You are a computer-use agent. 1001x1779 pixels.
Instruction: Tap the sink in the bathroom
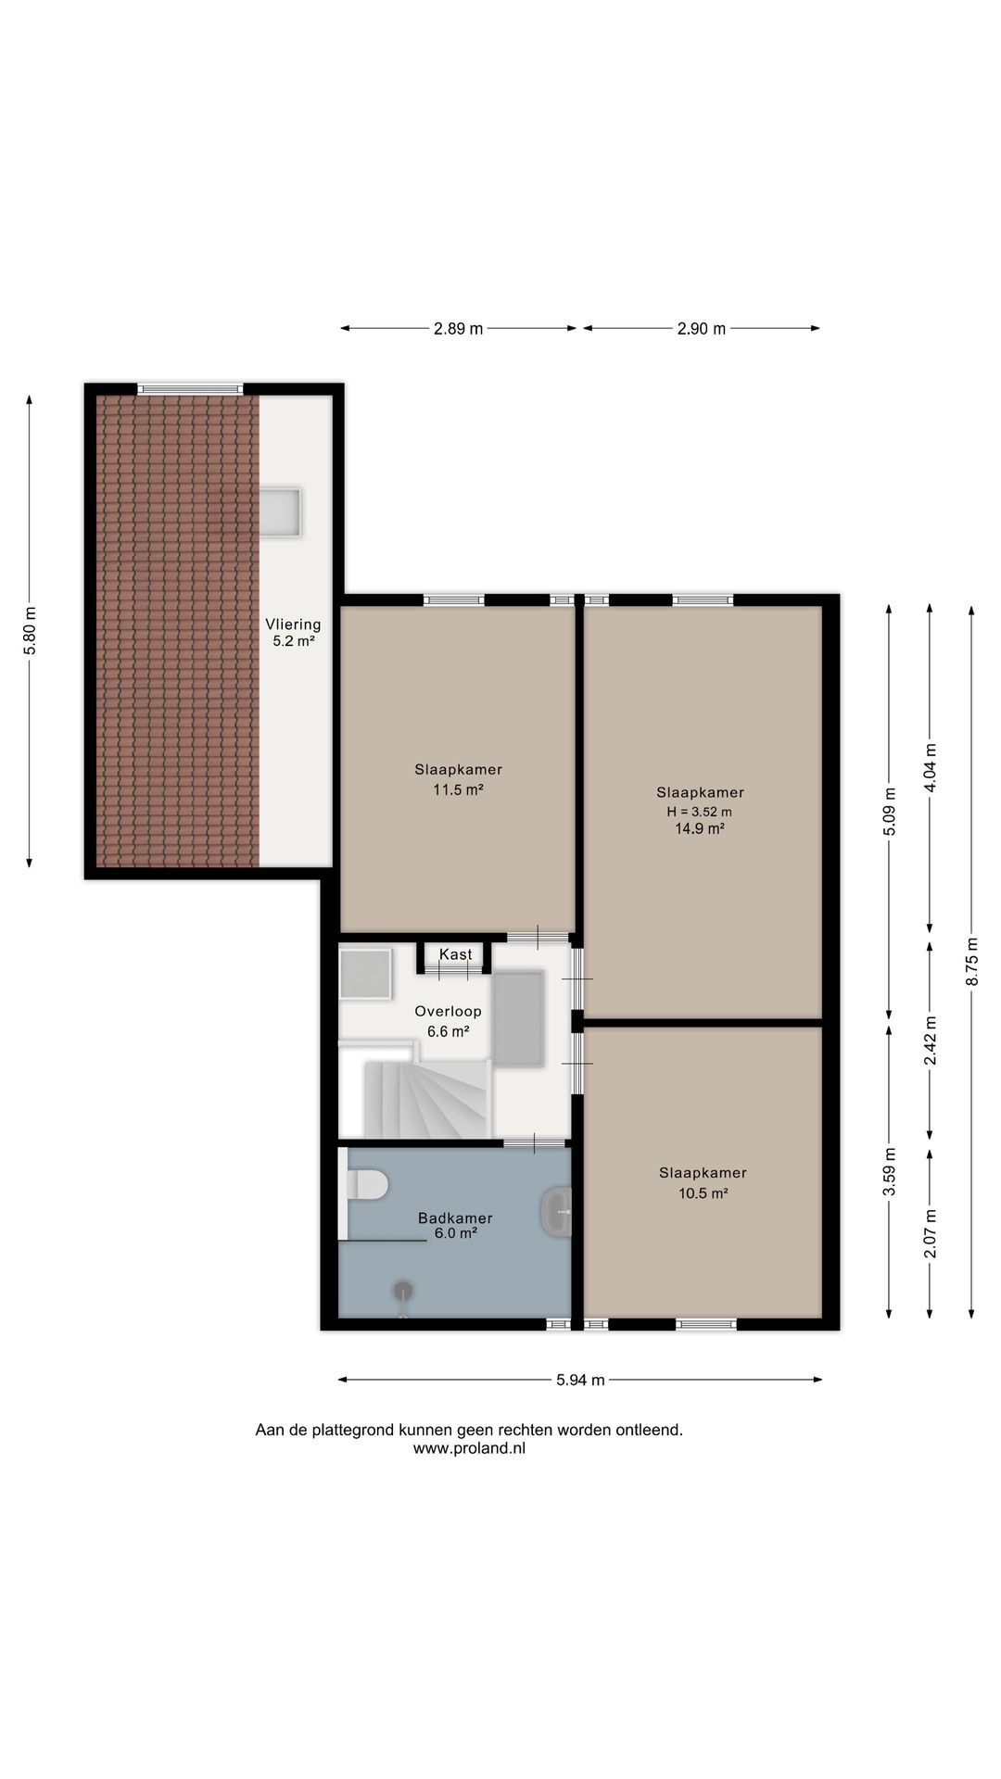556,1211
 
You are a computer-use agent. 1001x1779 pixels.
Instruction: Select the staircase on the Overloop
426,1099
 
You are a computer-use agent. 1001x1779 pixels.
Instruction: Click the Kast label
455,954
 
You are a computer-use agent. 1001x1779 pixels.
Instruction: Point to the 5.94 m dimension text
580,1380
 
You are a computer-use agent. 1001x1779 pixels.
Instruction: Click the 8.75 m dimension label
971,961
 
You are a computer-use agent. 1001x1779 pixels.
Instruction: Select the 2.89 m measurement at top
458,328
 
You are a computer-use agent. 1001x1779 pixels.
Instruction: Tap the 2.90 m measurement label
701,328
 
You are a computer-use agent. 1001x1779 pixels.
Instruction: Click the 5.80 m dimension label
30,630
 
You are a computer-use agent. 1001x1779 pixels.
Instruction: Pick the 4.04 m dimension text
931,768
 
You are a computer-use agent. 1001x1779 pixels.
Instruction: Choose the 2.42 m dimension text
931,1041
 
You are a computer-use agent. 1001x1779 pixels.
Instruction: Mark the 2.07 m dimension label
931,1234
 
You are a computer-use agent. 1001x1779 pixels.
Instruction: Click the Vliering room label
293,625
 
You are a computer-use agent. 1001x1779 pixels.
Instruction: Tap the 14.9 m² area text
699,829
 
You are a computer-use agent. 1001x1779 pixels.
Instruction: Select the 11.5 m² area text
459,789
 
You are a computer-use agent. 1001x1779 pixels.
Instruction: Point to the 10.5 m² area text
703,1193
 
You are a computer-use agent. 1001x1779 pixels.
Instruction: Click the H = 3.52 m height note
700,812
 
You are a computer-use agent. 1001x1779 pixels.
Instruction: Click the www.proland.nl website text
469,1448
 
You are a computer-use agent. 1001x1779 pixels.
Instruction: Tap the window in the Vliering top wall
190,389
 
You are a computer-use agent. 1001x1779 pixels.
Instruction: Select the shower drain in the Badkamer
403,1291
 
